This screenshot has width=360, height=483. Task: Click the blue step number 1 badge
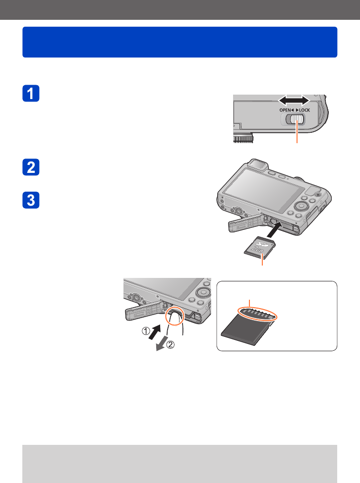click(31, 93)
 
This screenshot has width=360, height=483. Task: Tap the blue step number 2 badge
click(31, 167)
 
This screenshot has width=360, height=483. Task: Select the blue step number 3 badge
click(31, 200)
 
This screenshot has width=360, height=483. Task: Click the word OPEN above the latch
click(285, 110)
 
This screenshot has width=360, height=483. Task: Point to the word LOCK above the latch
click(304, 110)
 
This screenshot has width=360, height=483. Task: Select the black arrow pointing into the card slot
click(274, 229)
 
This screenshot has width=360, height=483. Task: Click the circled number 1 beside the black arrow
click(145, 331)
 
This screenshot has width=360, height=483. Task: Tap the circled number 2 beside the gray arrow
click(171, 344)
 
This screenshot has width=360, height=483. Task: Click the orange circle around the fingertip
click(175, 317)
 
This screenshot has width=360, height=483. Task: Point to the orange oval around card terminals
click(258, 314)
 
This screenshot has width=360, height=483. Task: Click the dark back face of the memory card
click(246, 329)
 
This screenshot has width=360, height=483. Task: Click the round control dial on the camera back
click(301, 206)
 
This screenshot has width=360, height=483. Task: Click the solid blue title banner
click(180, 42)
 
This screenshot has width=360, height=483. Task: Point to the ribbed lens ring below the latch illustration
click(243, 138)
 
